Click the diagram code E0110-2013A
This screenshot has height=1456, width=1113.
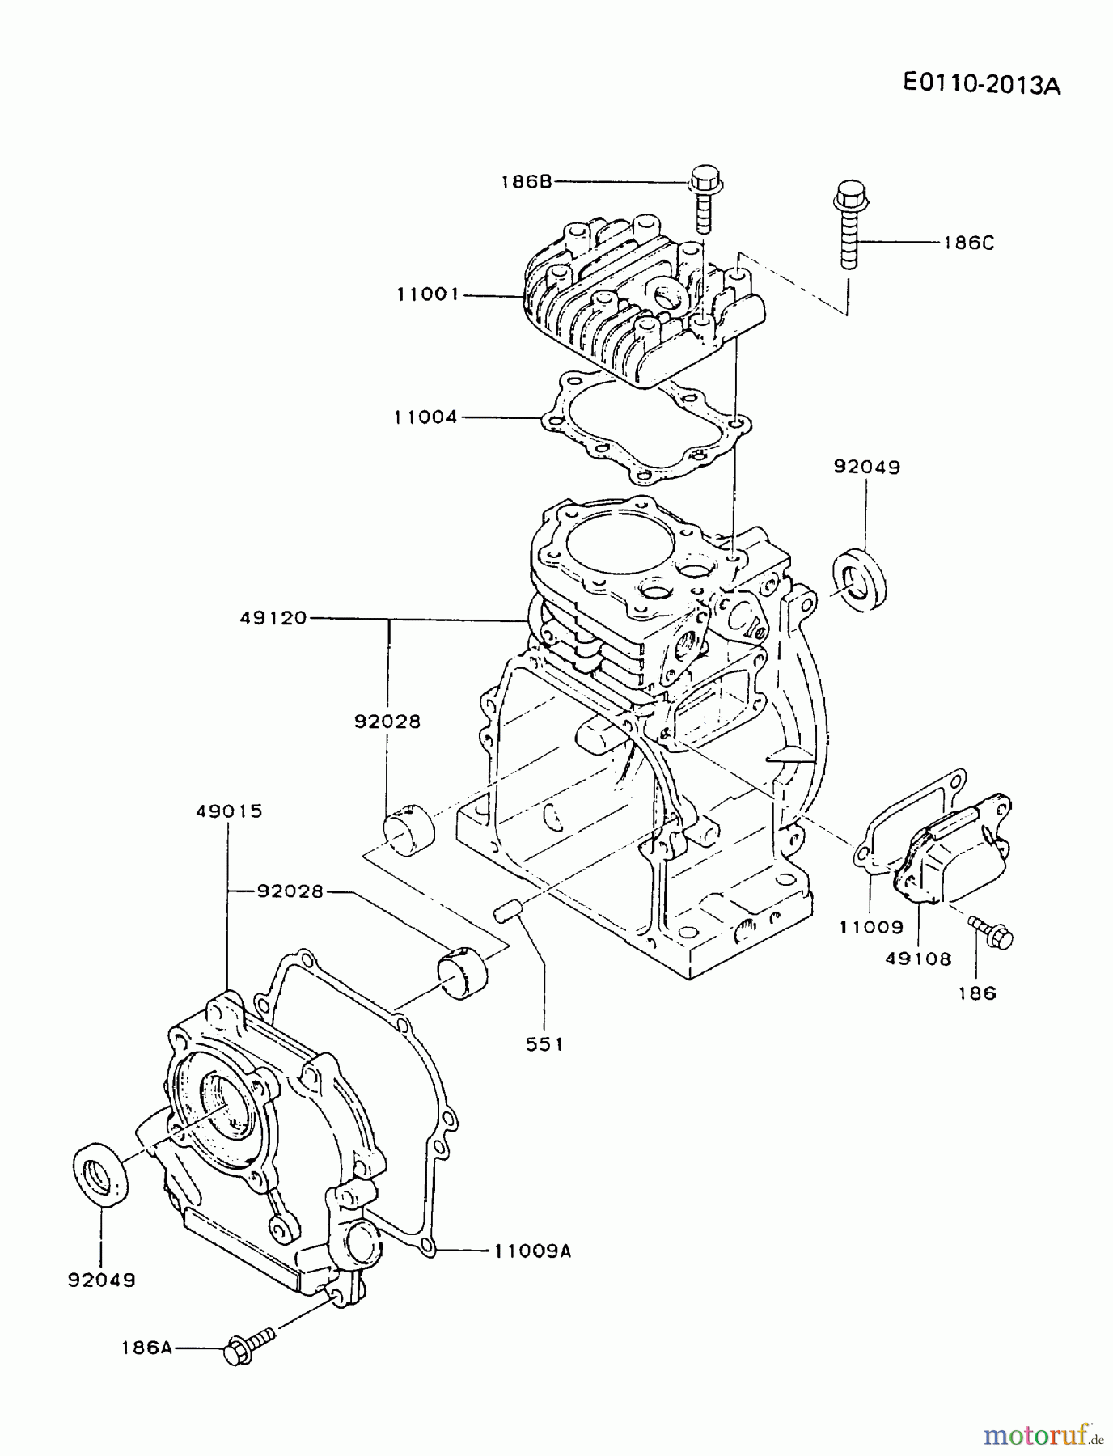[980, 84]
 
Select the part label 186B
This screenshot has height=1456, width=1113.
[526, 181]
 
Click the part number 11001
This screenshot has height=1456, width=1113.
[427, 294]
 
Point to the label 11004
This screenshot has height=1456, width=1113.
[425, 417]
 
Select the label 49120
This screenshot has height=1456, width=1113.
[273, 618]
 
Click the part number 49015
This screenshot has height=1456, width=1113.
[229, 811]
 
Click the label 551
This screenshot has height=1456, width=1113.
[544, 1044]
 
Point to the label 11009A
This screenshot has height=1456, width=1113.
[532, 1251]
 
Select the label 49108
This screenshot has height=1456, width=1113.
[918, 959]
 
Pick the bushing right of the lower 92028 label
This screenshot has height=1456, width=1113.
[463, 971]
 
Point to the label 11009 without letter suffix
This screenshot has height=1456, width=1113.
[870, 927]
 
